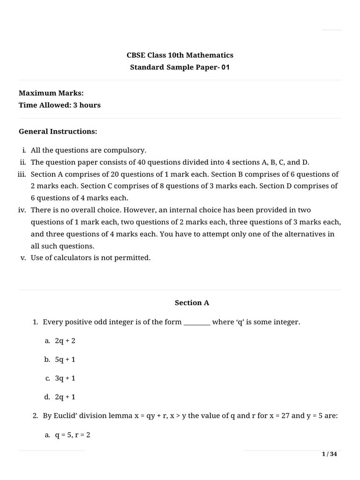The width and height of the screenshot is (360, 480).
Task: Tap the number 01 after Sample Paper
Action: coord(226,67)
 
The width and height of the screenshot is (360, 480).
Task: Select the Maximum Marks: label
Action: coord(51,93)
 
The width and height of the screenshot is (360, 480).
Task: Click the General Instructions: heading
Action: coord(58,132)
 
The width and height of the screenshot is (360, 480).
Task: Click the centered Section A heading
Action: coord(192,303)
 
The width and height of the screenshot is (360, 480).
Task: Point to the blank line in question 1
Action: coord(197,322)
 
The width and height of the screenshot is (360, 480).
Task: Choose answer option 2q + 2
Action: coord(65,341)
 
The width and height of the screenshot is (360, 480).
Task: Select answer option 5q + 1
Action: coord(65,360)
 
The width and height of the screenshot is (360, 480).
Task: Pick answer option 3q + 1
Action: coord(65,378)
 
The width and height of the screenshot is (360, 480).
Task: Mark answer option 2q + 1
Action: coord(65,397)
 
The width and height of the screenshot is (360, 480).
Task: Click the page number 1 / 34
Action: coord(330,454)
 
